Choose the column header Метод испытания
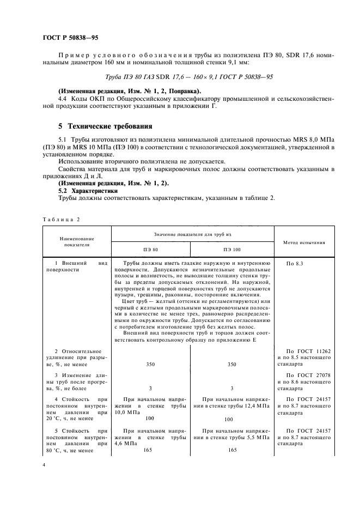click(304, 241)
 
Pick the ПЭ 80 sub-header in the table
click(150, 249)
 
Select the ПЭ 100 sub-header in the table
click(231, 249)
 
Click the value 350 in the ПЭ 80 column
click(150, 363)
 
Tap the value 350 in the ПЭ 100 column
click(231, 363)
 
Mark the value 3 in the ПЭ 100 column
click(231, 388)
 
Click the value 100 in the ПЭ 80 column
click(150, 418)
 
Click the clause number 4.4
click(63, 99)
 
